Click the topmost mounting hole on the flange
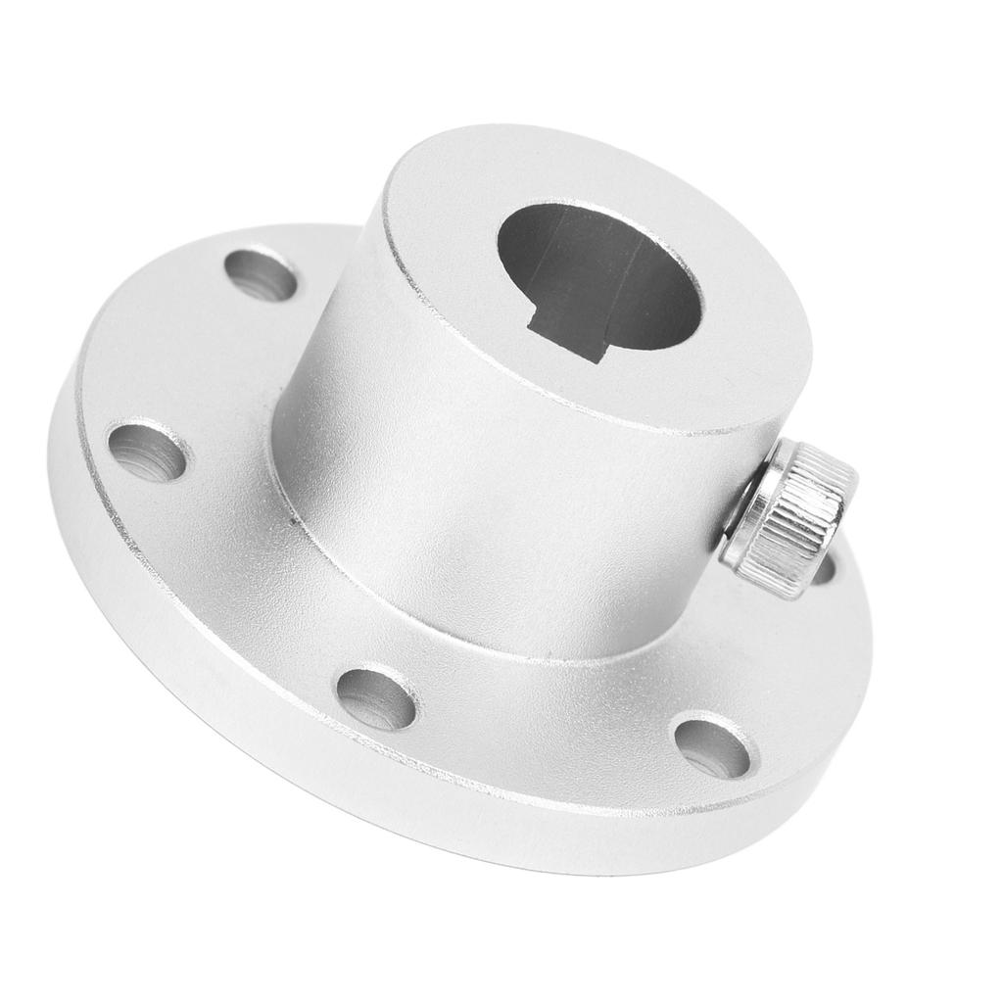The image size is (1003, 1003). (x=261, y=274)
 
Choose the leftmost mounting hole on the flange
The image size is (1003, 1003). (x=147, y=452)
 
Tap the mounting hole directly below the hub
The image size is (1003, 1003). (x=376, y=698)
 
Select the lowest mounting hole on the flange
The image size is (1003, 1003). (x=712, y=748)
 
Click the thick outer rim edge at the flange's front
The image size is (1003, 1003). (x=490, y=813)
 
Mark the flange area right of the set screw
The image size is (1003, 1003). (x=842, y=627)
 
